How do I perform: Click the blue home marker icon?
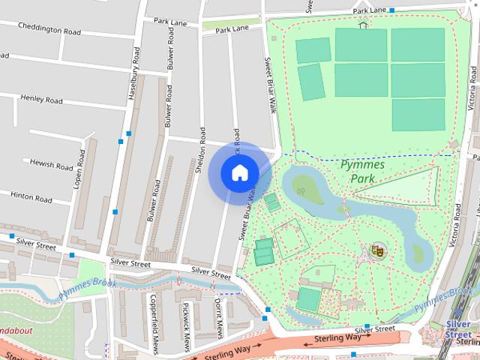click(x=239, y=172)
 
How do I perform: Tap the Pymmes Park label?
click(x=362, y=172)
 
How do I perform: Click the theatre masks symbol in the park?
click(x=377, y=250)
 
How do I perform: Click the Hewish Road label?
click(x=50, y=163)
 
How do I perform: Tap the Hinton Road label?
click(x=31, y=197)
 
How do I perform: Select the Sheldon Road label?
click(x=200, y=149)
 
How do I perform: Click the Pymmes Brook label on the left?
click(x=90, y=284)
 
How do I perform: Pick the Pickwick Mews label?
click(x=187, y=326)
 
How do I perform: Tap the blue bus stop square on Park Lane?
click(x=392, y=11)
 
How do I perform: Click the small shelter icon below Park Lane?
click(x=364, y=24)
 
